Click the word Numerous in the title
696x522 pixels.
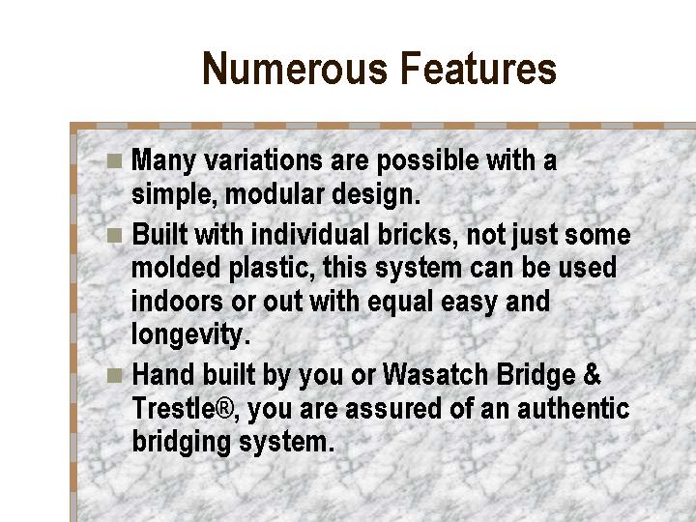click(295, 69)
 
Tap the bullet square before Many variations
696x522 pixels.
click(114, 161)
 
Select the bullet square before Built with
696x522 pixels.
click(114, 235)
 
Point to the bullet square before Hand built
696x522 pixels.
click(114, 375)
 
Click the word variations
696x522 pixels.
click(263, 159)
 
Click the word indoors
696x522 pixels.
click(177, 301)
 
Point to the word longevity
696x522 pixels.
click(191, 335)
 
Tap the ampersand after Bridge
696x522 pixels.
click(593, 374)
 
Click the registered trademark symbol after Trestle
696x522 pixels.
click(224, 408)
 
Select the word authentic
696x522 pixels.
click(573, 408)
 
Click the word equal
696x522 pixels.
click(400, 303)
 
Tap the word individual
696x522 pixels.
click(310, 234)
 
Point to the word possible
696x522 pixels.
click(428, 160)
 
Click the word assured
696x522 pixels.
click(393, 409)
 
